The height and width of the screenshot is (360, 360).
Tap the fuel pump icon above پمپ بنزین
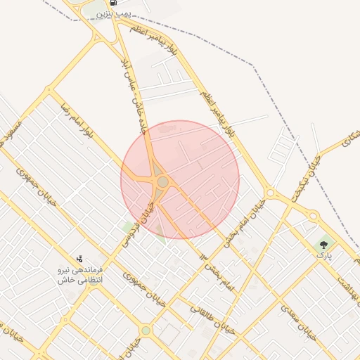(x=114, y=3)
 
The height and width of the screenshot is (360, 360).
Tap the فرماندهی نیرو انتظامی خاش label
(x=79, y=275)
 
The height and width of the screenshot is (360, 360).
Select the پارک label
(x=323, y=257)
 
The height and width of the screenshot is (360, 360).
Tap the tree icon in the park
(x=324, y=245)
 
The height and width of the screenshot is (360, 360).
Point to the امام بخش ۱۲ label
(x=214, y=275)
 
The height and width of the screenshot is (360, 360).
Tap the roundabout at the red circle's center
(x=163, y=182)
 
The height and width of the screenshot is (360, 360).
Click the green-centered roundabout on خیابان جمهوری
(x=146, y=330)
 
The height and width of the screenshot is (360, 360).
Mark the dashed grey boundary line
(x=211, y=42)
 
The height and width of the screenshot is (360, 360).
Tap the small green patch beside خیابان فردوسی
(x=129, y=226)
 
